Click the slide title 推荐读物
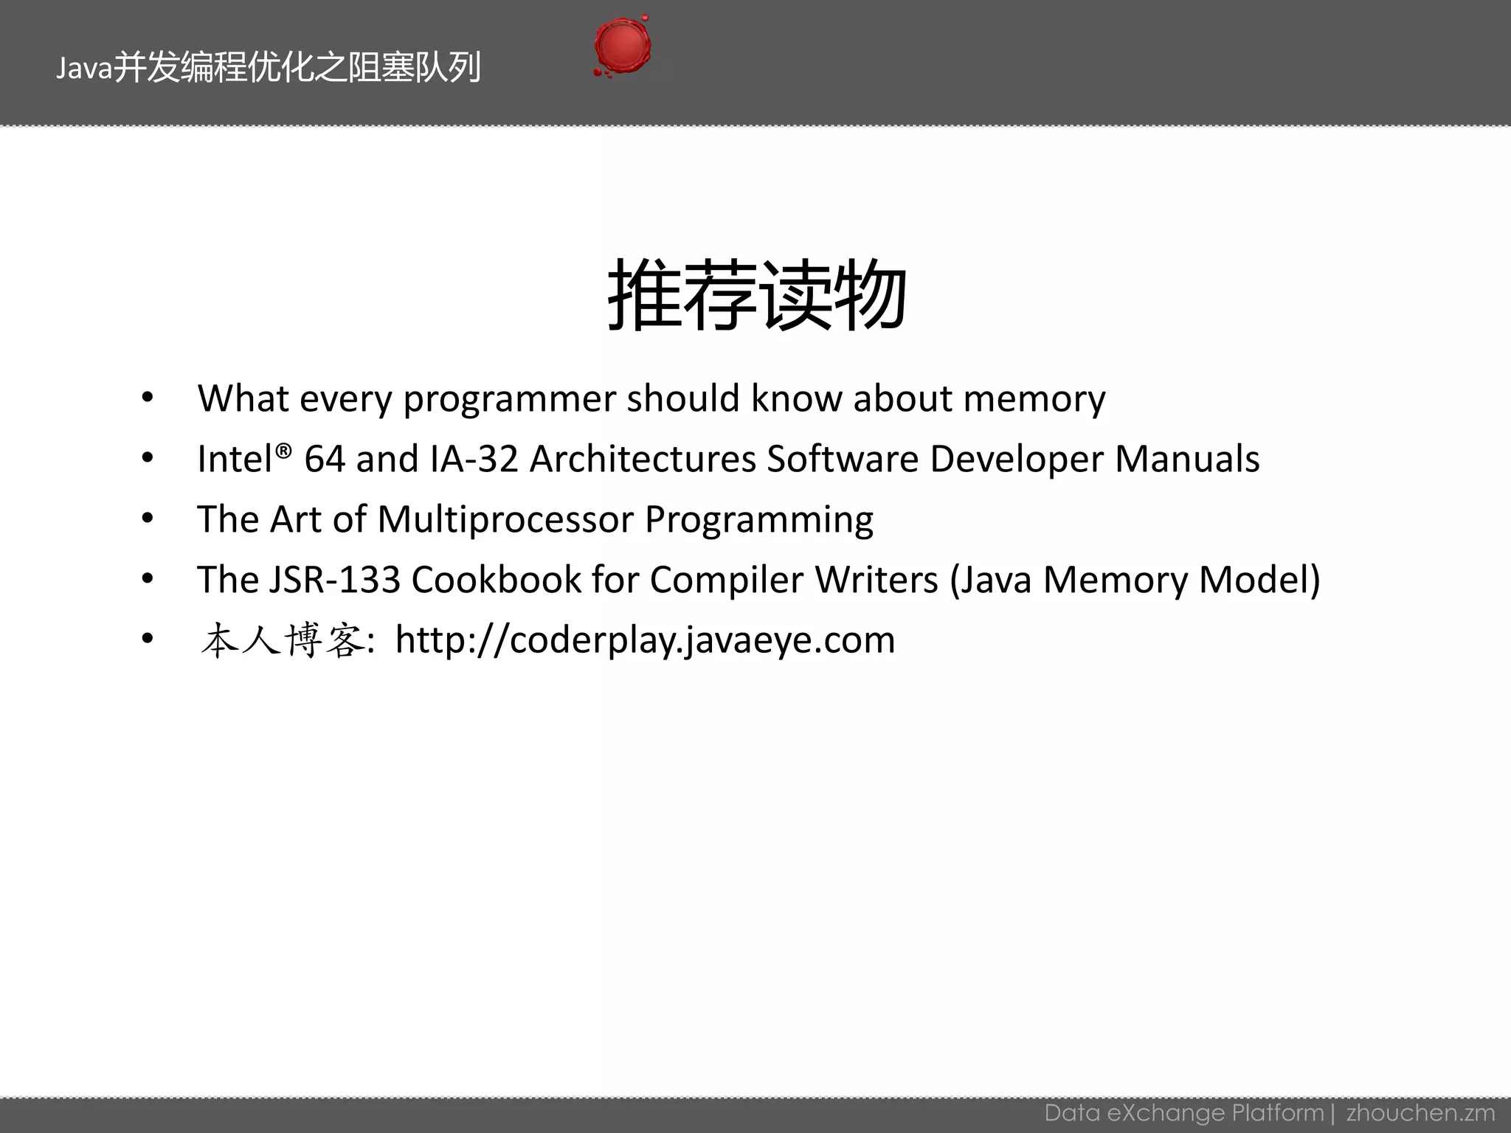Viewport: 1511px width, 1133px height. (x=756, y=296)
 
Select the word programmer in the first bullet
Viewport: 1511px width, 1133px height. (x=509, y=399)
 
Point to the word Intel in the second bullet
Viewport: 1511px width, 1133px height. (x=235, y=459)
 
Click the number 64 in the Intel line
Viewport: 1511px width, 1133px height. (x=325, y=459)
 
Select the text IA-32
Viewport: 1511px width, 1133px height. (x=474, y=459)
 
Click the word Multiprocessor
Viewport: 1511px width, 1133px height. (x=505, y=519)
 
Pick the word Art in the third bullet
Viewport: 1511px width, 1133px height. (x=296, y=519)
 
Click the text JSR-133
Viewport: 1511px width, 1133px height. (x=334, y=580)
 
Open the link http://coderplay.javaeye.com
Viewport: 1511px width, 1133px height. (x=645, y=640)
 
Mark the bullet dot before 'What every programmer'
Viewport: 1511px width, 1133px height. (x=148, y=398)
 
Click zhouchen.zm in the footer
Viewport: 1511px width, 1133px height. (x=1420, y=1112)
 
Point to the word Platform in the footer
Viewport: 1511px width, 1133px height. (x=1278, y=1112)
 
